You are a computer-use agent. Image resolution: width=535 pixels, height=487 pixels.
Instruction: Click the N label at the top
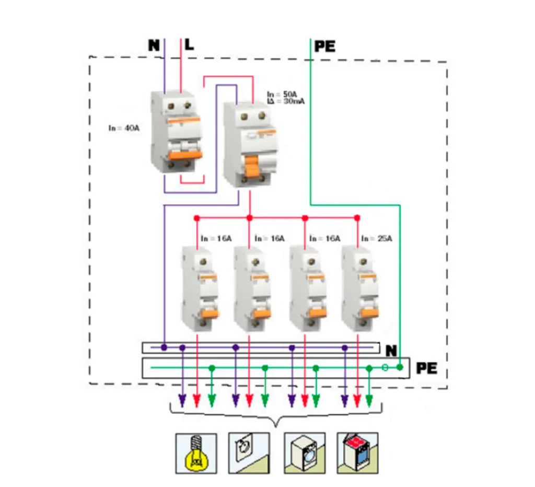click(154, 45)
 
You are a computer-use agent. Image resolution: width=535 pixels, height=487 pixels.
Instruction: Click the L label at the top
click(189, 45)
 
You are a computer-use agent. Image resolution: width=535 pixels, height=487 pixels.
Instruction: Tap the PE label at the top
click(324, 47)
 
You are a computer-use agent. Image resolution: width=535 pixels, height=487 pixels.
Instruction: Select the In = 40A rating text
click(124, 128)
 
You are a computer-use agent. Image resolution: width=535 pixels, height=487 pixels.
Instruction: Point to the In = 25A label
click(376, 239)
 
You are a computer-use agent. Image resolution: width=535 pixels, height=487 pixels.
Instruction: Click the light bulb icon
click(196, 453)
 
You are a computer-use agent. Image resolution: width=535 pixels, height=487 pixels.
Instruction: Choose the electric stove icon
click(357, 453)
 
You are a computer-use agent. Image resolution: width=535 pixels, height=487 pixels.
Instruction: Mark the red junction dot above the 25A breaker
click(357, 217)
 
